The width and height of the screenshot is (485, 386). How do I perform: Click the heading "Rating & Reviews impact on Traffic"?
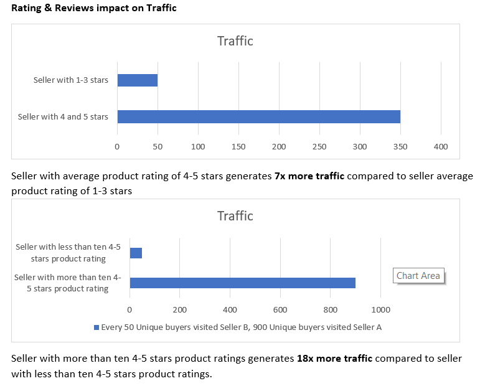coord(93,8)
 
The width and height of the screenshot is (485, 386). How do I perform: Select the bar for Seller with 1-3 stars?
coord(137,80)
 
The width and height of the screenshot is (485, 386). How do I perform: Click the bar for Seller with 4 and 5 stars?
coord(258,116)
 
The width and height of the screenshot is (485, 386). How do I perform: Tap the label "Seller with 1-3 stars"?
coord(71,80)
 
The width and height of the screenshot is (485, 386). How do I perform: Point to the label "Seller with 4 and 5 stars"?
coord(63,116)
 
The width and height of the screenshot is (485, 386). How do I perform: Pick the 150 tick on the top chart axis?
coord(238,146)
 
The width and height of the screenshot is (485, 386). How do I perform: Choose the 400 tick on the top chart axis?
coord(441,146)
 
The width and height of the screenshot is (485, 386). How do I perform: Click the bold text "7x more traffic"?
coord(309,176)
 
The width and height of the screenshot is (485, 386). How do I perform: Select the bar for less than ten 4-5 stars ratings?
coord(136,253)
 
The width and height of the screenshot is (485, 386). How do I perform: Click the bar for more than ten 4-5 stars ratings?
coord(242,283)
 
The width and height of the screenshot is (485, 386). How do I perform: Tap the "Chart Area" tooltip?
coord(418,276)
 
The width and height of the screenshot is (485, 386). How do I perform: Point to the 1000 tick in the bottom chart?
coord(380,309)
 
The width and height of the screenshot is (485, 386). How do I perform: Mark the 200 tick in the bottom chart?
coord(179,309)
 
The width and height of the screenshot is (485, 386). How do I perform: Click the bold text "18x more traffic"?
coord(335,359)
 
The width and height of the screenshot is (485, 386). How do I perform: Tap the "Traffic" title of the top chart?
coord(235,41)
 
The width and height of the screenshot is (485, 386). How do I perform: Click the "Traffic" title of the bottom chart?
coord(235,216)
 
